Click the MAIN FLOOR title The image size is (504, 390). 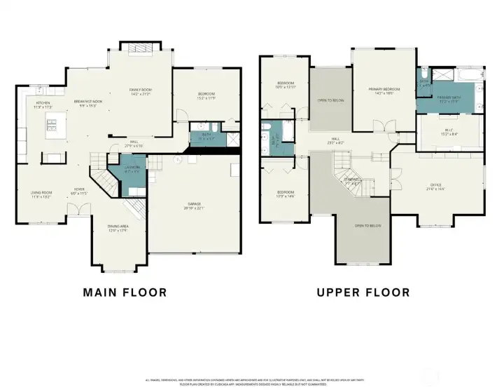click(125, 292)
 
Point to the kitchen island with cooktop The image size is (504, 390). click(54, 126)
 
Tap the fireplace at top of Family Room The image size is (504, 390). click(138, 47)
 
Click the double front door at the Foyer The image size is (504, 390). click(83, 209)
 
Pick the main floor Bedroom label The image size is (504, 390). click(205, 95)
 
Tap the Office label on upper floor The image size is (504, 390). click(435, 187)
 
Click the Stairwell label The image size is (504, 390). click(351, 180)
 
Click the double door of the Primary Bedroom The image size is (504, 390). click(380, 127)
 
